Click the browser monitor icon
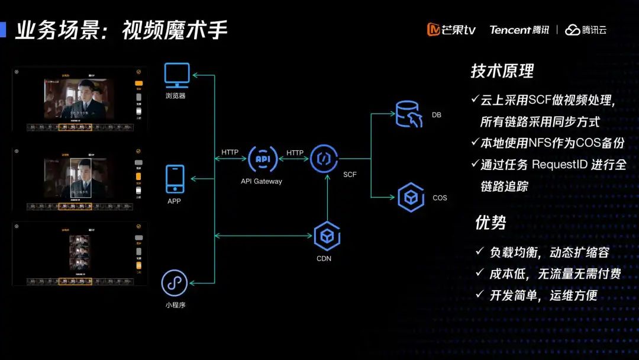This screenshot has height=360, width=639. coord(177,75)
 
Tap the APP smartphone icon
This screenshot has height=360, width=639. coord(175,179)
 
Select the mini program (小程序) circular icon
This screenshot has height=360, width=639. coord(175,283)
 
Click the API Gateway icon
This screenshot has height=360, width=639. coord(262,158)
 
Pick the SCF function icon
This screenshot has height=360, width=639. coord(324,158)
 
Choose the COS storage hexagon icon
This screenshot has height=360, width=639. coord(411,197)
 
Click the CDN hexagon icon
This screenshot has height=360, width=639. coord(327,236)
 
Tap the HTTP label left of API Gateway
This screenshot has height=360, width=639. coord(230,152)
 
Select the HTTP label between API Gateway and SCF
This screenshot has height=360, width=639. coord(295,153)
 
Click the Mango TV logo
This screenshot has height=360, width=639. coord(451,30)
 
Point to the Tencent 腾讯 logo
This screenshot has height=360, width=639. coord(519,30)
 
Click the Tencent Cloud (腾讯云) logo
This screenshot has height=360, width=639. coord(586,30)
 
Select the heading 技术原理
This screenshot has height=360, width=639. coord(502,72)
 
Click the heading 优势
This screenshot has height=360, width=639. coord(490,223)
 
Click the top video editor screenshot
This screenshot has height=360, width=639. coord(80,98)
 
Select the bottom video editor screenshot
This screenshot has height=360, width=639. coord(80,253)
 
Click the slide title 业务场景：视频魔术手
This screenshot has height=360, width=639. coord(121,30)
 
